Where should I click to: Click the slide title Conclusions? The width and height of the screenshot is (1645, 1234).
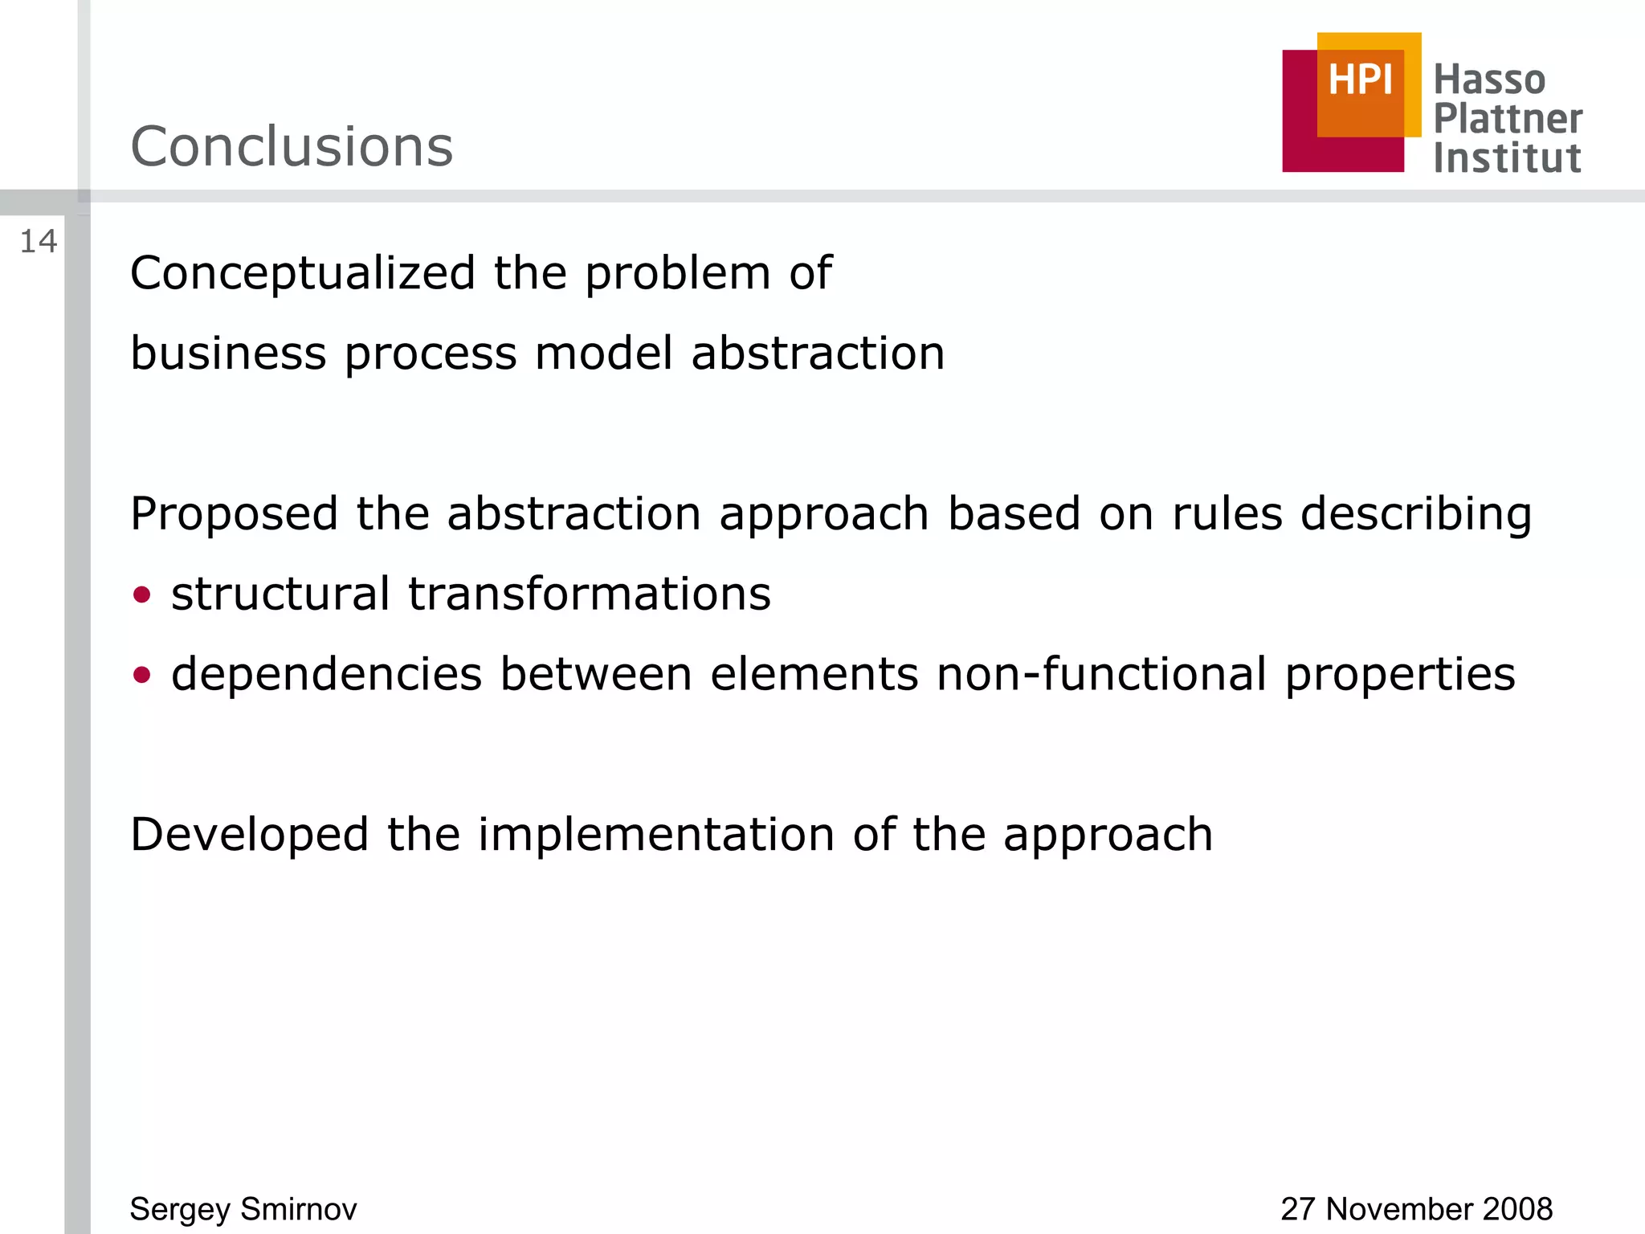click(292, 147)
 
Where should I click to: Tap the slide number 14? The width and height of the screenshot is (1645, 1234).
click(38, 242)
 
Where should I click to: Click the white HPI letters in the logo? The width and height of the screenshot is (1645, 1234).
click(1360, 80)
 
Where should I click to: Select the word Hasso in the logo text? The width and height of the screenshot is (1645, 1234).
click(1489, 80)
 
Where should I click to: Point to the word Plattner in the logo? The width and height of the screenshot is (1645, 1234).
click(1508, 119)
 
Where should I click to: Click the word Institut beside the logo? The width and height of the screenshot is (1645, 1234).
click(1507, 158)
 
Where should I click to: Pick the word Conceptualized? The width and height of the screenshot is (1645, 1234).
click(303, 274)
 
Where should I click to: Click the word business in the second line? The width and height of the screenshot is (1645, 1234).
click(228, 353)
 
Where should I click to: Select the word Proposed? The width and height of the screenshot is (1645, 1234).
click(234, 514)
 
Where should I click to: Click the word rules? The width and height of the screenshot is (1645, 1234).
click(1227, 514)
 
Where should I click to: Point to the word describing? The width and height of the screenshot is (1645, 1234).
click(1416, 514)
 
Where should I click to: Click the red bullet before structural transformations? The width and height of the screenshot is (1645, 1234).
click(142, 595)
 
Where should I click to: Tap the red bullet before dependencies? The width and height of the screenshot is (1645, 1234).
click(142, 675)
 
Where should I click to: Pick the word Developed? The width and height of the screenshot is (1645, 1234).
click(249, 835)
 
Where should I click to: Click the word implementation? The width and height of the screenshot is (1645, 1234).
click(656, 835)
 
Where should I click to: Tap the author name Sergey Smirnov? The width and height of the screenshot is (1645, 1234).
click(243, 1209)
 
